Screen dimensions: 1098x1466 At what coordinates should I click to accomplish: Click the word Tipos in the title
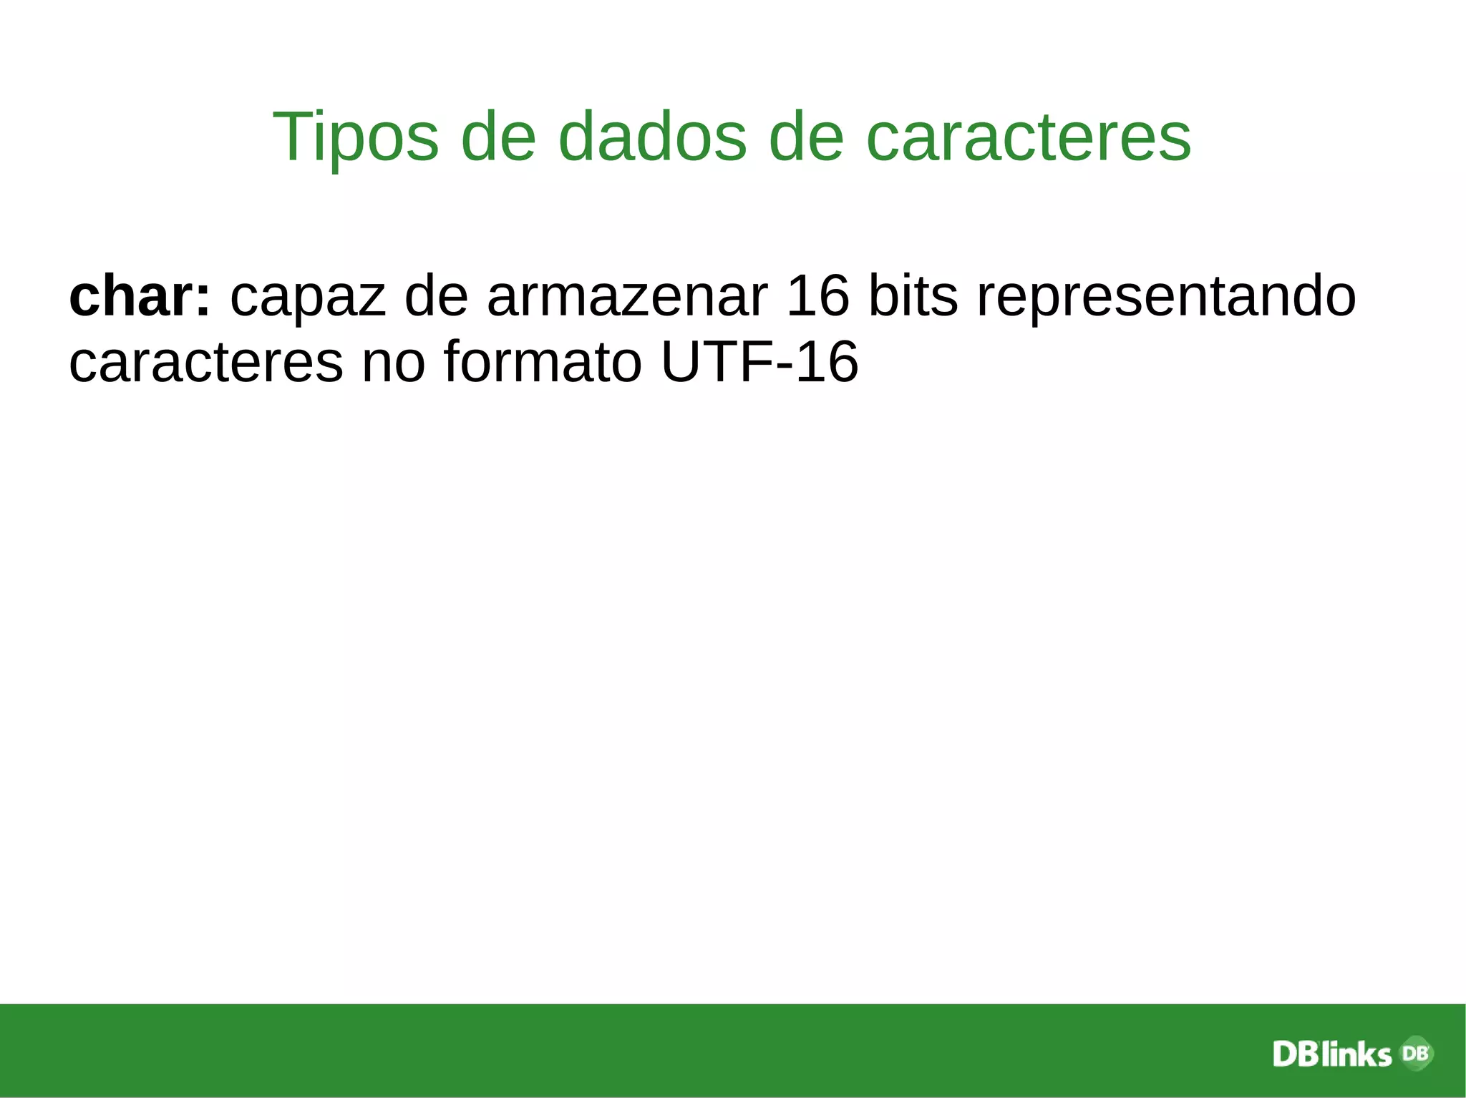coord(355,137)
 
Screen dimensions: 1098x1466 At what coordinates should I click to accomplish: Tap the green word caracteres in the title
coord(1029,137)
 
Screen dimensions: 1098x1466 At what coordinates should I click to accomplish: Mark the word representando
coord(1166,297)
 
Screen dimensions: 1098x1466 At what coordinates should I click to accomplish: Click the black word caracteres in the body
coord(206,362)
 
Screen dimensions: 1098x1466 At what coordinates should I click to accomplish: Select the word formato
coord(543,362)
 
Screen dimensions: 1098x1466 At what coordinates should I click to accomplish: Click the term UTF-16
coord(759,362)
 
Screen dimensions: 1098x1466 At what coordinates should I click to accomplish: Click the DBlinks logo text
coord(1331,1054)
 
